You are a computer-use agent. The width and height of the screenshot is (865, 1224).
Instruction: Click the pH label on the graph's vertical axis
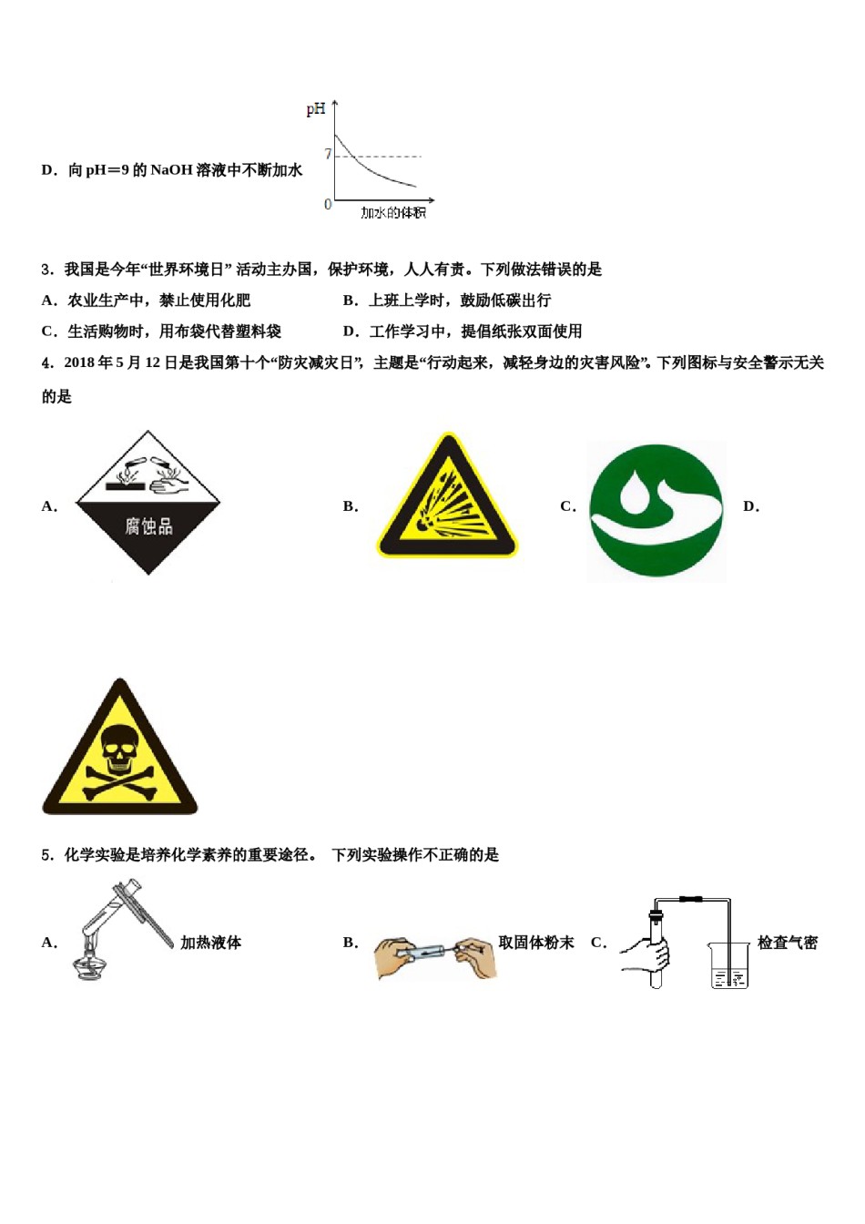tap(315, 109)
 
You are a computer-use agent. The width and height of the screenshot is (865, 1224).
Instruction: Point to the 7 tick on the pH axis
tap(328, 155)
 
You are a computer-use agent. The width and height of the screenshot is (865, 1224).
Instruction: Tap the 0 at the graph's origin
tap(328, 204)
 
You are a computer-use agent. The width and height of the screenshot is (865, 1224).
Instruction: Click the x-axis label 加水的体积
tap(392, 213)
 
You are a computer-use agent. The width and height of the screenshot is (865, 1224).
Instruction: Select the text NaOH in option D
tap(171, 170)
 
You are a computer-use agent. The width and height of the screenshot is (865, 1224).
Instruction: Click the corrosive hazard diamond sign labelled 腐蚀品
tap(148, 502)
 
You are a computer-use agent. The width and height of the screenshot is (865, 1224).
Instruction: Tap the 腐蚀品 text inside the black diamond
tap(148, 525)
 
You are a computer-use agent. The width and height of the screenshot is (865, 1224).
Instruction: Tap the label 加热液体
tap(210, 943)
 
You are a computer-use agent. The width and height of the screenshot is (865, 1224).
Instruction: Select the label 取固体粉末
tap(535, 943)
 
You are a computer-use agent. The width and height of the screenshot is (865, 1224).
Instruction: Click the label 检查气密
tap(787, 943)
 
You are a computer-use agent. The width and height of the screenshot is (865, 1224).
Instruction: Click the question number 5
tap(46, 855)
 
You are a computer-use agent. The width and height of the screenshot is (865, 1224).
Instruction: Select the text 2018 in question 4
tap(79, 362)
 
